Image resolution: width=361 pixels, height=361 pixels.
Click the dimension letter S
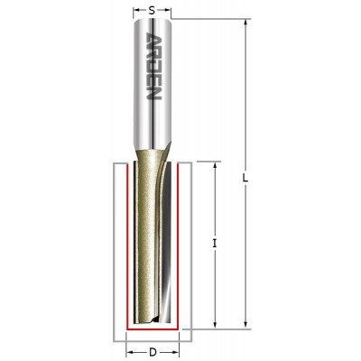click(152, 11)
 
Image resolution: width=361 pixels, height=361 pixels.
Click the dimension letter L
click(245, 178)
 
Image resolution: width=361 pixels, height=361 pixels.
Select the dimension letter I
click(215, 243)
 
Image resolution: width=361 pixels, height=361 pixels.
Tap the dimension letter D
click(153, 352)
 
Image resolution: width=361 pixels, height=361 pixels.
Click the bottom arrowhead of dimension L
click(246, 324)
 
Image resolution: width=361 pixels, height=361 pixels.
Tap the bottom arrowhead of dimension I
click(215, 324)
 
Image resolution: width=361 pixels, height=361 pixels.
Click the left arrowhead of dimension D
click(131, 352)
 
